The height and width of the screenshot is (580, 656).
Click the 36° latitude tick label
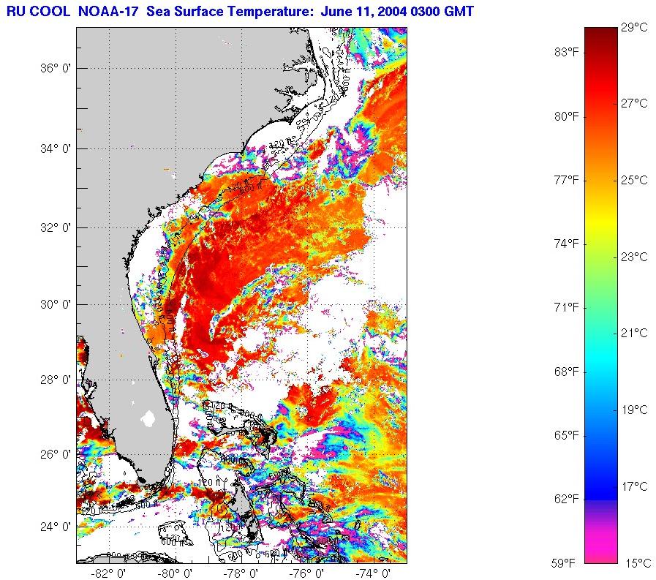pyautogui.click(x=53, y=69)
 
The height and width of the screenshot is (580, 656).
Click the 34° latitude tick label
pyautogui.click(x=53, y=149)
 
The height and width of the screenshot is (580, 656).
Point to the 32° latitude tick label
pyautogui.click(x=53, y=227)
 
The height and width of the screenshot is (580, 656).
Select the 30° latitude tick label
pyautogui.click(x=53, y=305)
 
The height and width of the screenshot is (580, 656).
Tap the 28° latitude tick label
pyautogui.click(x=53, y=380)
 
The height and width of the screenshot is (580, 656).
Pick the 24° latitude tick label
pyautogui.click(x=53, y=527)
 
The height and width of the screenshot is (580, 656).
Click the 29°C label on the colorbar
pyautogui.click(x=634, y=28)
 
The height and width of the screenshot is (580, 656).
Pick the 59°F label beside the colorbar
pyautogui.click(x=565, y=563)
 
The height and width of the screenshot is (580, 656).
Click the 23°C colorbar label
pyautogui.click(x=634, y=257)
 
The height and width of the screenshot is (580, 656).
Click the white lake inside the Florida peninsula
pyautogui.click(x=148, y=418)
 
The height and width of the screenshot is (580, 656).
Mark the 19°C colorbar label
pyautogui.click(x=634, y=410)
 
